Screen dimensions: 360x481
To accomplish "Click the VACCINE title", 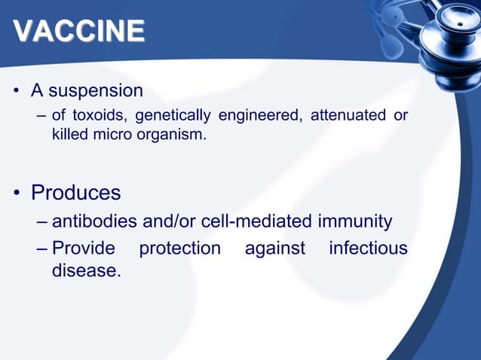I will [79, 31].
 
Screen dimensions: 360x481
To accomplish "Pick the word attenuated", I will [343, 115].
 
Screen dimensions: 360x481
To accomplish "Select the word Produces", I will [75, 193].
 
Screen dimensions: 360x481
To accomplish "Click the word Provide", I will [83, 249].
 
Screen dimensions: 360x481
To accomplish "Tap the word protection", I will [180, 249].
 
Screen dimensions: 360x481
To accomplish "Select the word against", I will [275, 249].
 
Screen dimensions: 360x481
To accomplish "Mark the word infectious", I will [368, 249].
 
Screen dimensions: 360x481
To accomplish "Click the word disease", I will [85, 270].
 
